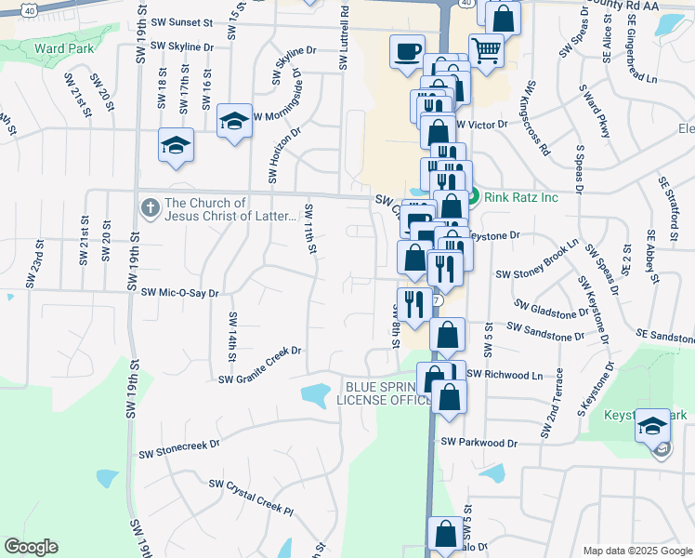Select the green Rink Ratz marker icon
473,196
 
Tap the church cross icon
150,208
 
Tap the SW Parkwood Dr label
479,443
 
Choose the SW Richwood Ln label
504,375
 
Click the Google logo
31,547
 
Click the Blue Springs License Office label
384,393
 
